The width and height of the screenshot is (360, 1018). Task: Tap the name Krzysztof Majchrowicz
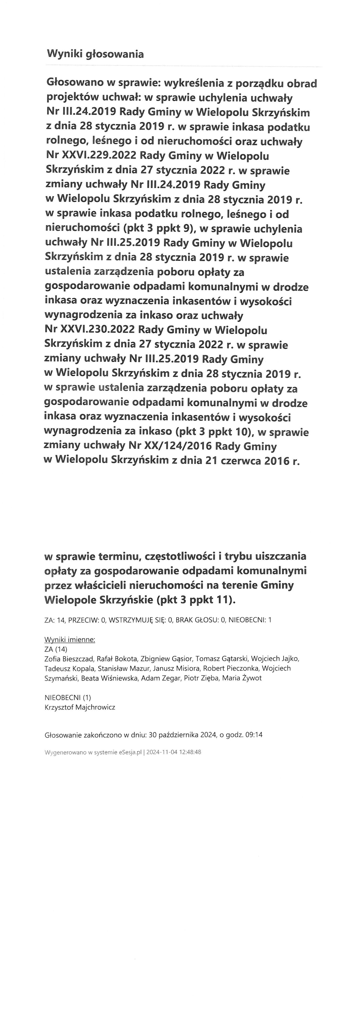80,707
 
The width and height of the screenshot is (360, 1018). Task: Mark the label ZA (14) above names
56,649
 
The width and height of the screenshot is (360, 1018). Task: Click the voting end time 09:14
254,735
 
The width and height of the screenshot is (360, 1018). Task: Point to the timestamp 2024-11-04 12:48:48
174,752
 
